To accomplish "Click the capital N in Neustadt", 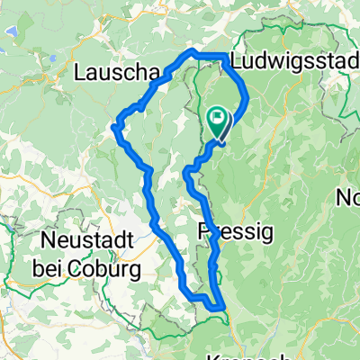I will (x=47, y=241).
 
